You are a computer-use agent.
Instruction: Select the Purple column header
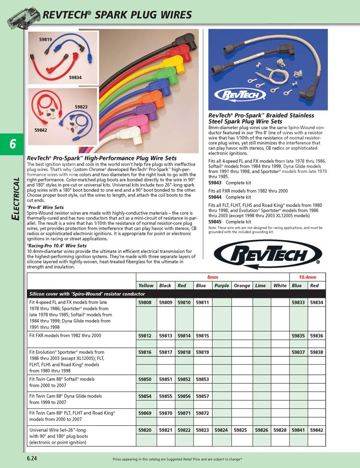(222, 285)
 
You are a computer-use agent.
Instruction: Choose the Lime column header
(261, 285)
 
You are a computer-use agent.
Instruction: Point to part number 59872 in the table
(202, 413)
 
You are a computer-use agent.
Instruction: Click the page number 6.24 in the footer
(32, 458)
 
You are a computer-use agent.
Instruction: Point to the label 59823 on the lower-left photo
(81, 107)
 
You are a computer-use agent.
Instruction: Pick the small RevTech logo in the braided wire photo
(236, 94)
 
